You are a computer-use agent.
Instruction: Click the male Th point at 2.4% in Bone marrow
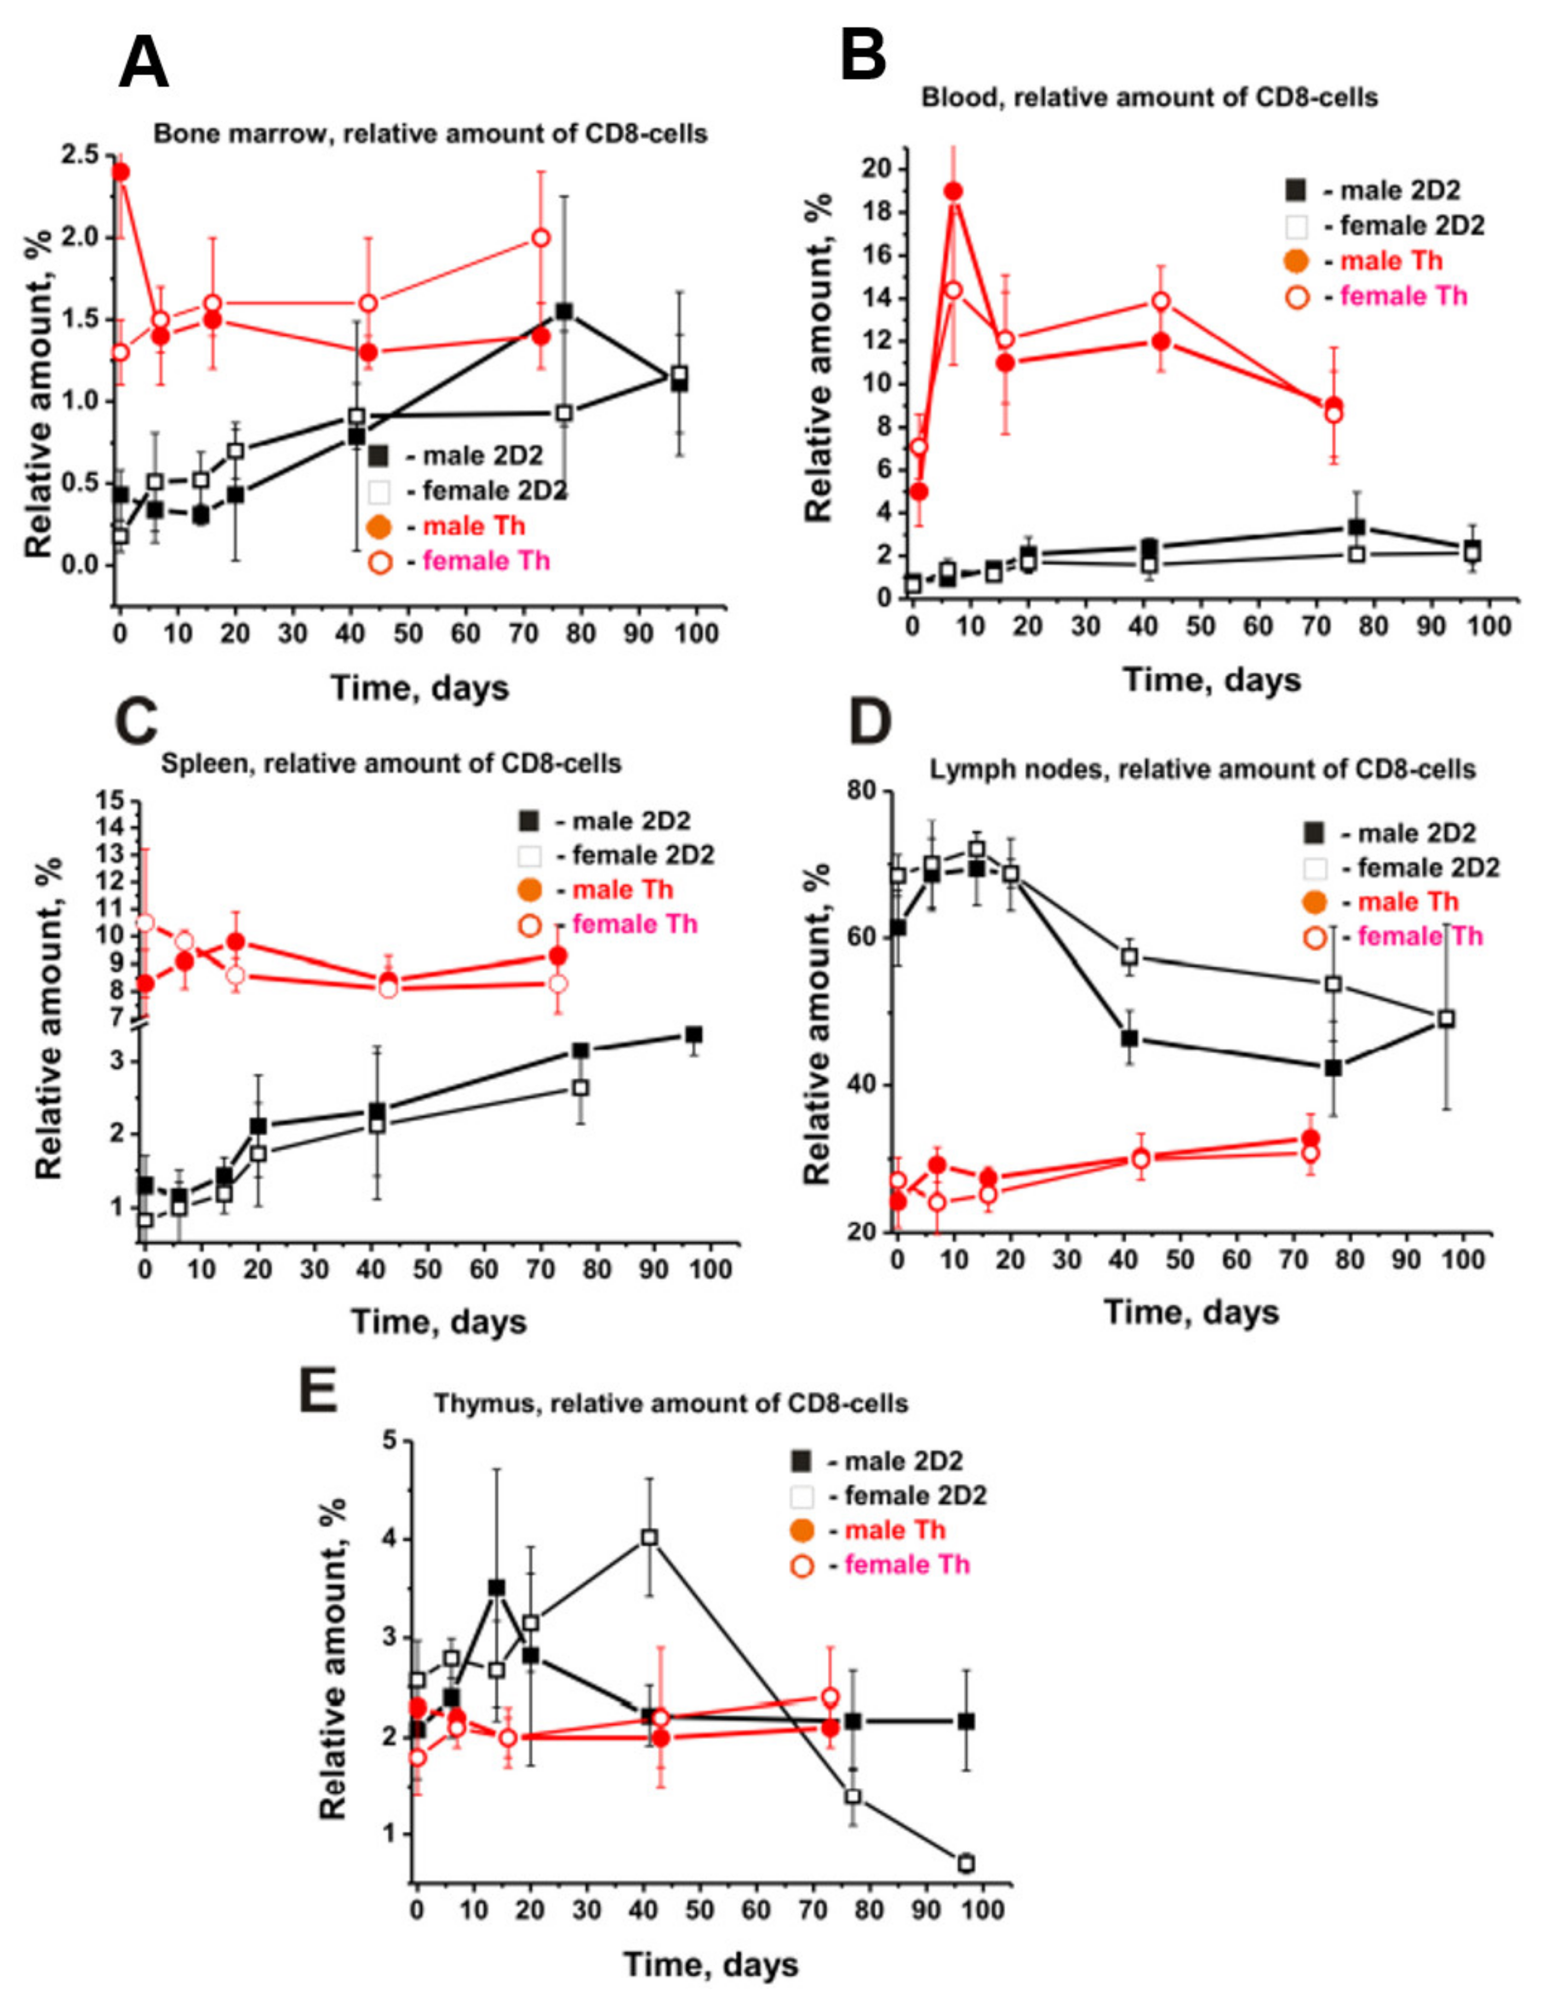click(x=120, y=172)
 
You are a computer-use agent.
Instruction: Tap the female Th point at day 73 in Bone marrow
click(x=541, y=238)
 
